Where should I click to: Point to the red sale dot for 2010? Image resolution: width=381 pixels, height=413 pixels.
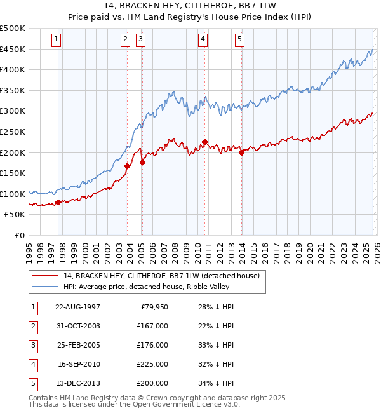pos(204,142)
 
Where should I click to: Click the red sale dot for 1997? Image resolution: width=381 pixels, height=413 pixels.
pos(58,202)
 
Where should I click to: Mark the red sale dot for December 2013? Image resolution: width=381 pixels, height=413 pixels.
pos(241,152)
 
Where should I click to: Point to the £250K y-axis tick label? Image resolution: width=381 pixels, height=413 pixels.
pos(13,132)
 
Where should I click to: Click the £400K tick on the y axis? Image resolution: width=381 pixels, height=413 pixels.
pos(13,69)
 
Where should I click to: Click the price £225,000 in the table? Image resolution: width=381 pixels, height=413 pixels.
pos(152,364)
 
